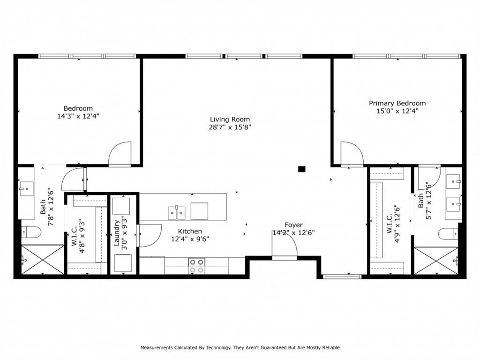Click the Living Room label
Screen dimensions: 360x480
[x=230, y=119]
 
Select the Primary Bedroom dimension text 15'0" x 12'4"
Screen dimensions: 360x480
[x=397, y=111]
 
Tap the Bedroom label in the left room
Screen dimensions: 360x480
[x=78, y=108]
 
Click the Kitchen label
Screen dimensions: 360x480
[x=190, y=231]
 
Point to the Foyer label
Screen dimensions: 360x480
[x=294, y=225]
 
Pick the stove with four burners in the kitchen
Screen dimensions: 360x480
[x=196, y=266]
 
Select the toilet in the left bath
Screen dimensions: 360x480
[x=31, y=232]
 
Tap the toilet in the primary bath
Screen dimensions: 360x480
[x=448, y=233]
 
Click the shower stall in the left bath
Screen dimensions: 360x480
[x=42, y=259]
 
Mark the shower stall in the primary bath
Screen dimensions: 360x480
[x=436, y=261]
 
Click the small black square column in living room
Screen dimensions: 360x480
[x=302, y=169]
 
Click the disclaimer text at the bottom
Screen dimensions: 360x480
[x=240, y=347]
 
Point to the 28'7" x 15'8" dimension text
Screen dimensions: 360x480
[x=230, y=127]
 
